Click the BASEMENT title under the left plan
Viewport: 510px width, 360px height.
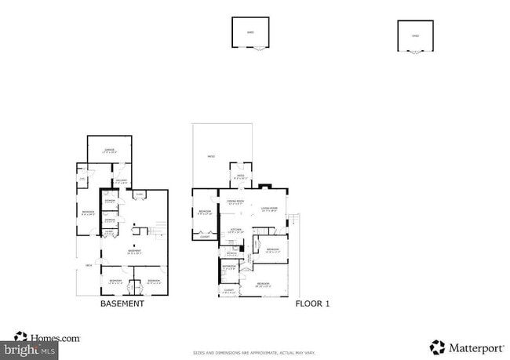(x=122, y=303)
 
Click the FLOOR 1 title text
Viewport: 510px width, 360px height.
(x=312, y=303)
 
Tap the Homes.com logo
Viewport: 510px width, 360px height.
(x=47, y=338)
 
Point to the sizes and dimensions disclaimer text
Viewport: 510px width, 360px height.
(x=254, y=352)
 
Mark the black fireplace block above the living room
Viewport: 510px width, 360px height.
(x=267, y=187)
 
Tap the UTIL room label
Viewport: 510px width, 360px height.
(x=82, y=180)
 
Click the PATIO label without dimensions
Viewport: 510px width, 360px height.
(x=210, y=156)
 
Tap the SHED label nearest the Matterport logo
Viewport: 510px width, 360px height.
(x=416, y=35)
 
